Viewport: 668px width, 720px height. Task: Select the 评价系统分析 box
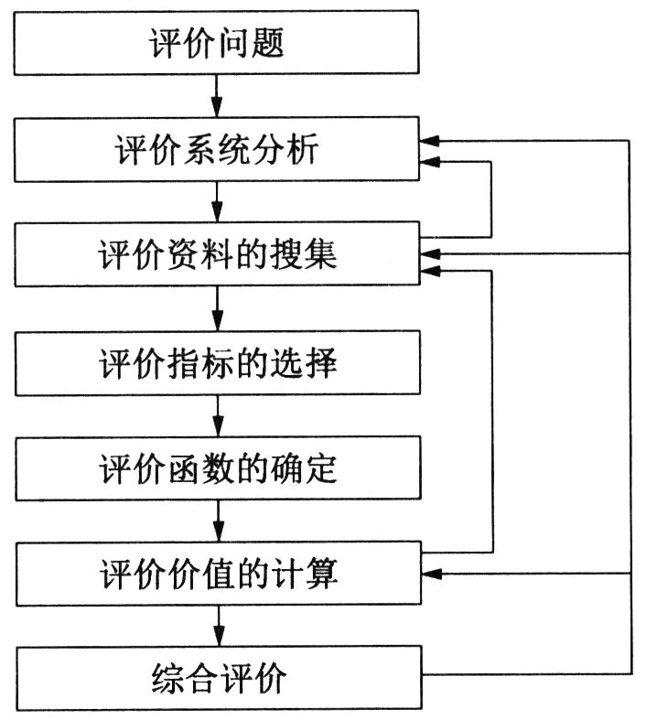(x=218, y=152)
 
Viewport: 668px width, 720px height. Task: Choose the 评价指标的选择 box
(x=218, y=364)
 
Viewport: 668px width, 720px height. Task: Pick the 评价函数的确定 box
(x=218, y=469)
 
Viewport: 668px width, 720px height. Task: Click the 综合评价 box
(x=218, y=680)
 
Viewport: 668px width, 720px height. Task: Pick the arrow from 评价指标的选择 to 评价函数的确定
(x=218, y=417)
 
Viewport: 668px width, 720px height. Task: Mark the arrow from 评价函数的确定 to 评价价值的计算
(x=218, y=522)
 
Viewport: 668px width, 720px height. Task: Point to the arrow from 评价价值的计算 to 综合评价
(x=218, y=628)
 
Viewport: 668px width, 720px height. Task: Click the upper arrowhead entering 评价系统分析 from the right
(x=430, y=141)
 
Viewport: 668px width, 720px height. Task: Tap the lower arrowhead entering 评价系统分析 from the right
(x=430, y=163)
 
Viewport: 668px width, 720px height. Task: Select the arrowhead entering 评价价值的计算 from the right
(x=430, y=574)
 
